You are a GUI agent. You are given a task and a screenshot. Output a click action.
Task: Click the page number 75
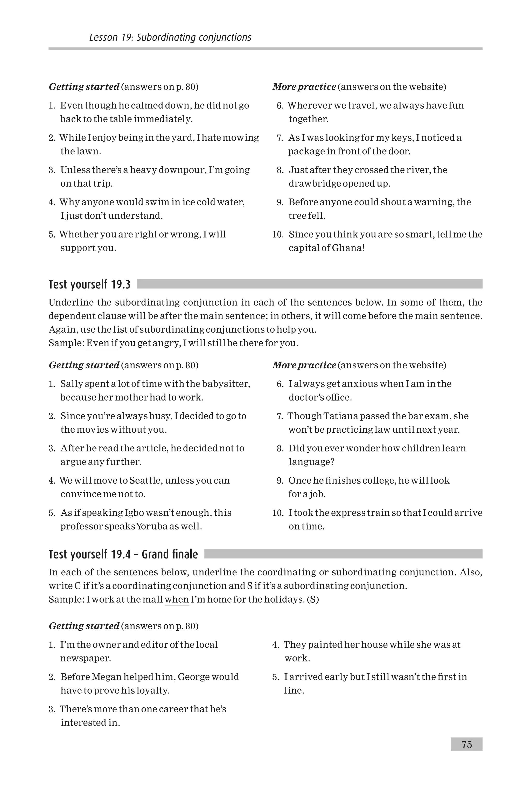tap(466, 744)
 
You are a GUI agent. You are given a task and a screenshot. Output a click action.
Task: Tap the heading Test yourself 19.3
tap(89, 284)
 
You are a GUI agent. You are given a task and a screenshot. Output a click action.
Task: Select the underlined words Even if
tap(102, 343)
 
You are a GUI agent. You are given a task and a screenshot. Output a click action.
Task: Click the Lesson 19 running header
tap(170, 37)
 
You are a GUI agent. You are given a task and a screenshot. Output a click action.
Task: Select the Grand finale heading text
tap(170, 555)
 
